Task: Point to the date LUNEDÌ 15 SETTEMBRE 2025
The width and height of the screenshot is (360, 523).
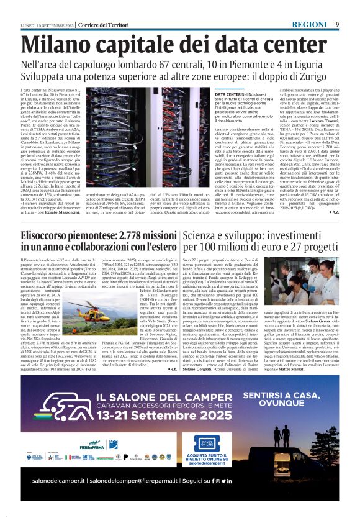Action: click(48, 24)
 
